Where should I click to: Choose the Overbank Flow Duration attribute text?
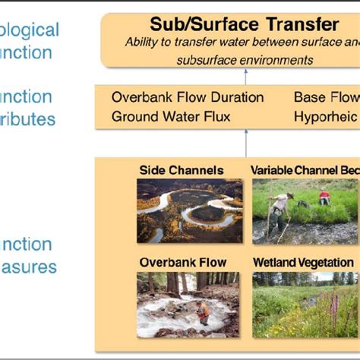point(188,97)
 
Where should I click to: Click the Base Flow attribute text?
point(325,97)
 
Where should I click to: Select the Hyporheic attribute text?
point(325,116)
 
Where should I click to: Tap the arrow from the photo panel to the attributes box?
point(246,143)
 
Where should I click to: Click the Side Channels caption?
point(182,170)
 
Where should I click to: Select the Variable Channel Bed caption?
point(304,170)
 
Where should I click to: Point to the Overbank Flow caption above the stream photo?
point(183,263)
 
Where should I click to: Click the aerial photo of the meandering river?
point(190,210)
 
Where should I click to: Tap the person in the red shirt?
point(324,197)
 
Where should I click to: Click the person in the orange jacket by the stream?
point(201,311)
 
